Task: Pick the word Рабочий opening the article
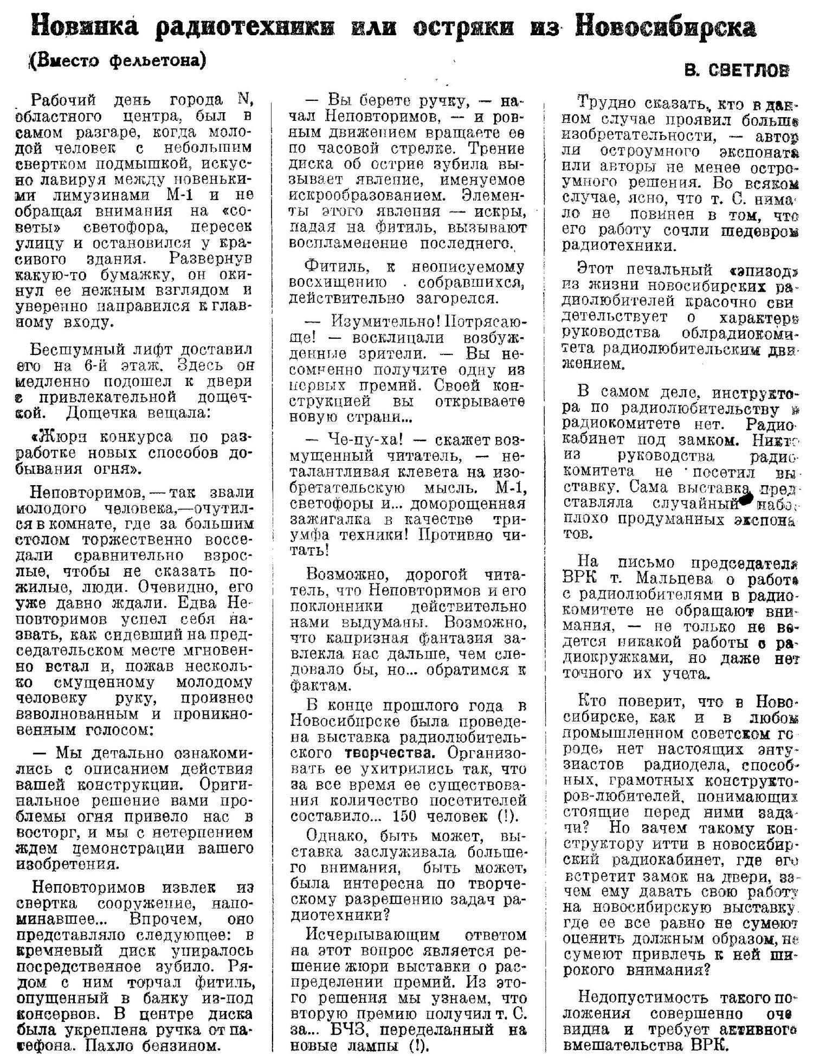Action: (x=64, y=101)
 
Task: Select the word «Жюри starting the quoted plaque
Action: (x=59, y=437)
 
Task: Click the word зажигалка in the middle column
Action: (x=331, y=520)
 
